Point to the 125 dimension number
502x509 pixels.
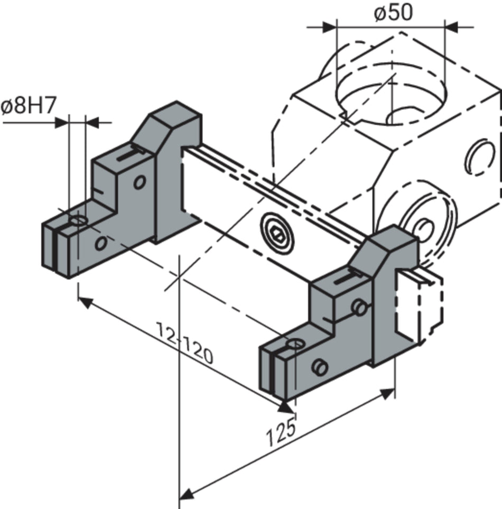280,434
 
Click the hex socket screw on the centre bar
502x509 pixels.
277,233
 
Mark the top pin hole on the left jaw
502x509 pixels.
79,219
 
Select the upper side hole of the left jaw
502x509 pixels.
139,182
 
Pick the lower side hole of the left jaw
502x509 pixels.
100,244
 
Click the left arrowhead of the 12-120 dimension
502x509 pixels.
85,302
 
